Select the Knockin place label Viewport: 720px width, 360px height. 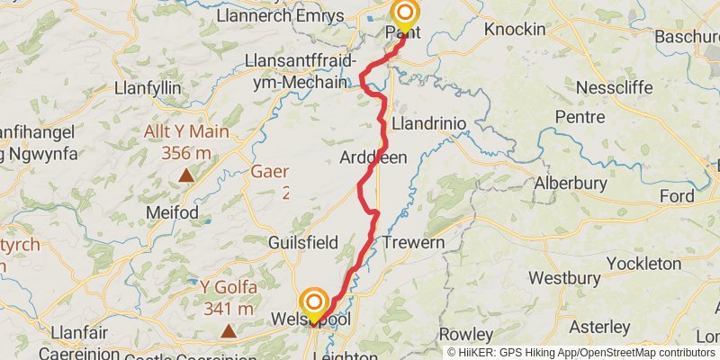[x=515, y=30]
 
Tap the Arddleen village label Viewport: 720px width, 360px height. [x=373, y=157]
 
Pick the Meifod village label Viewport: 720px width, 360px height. [x=170, y=212]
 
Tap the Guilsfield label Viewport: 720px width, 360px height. [x=302, y=243]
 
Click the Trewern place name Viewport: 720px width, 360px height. [x=413, y=243]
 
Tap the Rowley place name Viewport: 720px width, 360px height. [x=465, y=334]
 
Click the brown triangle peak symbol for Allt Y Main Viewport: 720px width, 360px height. [x=185, y=175]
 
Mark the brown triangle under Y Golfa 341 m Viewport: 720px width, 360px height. [x=229, y=331]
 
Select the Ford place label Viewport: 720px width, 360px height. [x=676, y=196]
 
